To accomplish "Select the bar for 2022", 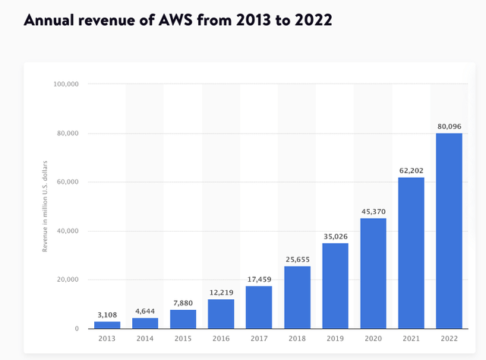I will coord(448,231).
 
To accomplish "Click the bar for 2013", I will coord(107,325).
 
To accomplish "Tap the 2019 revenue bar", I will coord(335,286).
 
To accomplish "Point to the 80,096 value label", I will coord(449,126).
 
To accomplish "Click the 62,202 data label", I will coord(411,170).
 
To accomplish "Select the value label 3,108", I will coord(107,314).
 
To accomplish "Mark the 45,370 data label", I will coord(373,211).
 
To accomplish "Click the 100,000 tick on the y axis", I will coord(66,85).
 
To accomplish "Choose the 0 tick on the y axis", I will coord(76,329).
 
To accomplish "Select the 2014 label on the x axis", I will coord(145,339).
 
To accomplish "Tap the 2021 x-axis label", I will coord(411,339).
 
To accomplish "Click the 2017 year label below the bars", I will coord(259,339).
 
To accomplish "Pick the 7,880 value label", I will coord(183,302).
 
